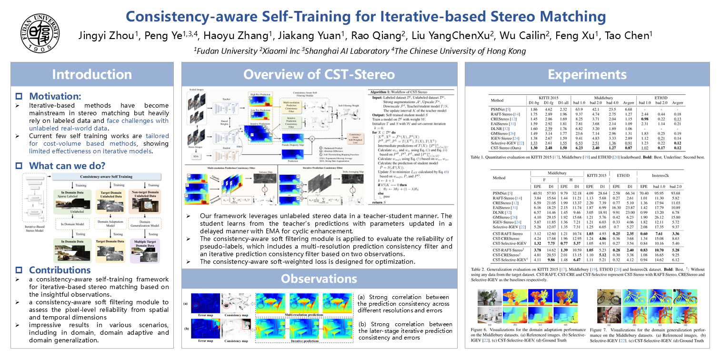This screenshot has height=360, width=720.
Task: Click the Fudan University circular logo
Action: point(40,33)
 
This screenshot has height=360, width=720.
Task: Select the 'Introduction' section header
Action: point(92,74)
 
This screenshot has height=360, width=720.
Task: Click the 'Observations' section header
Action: point(319,278)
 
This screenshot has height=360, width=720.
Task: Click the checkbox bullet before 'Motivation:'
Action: point(19,96)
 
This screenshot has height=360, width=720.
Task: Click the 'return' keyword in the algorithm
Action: point(376,202)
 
